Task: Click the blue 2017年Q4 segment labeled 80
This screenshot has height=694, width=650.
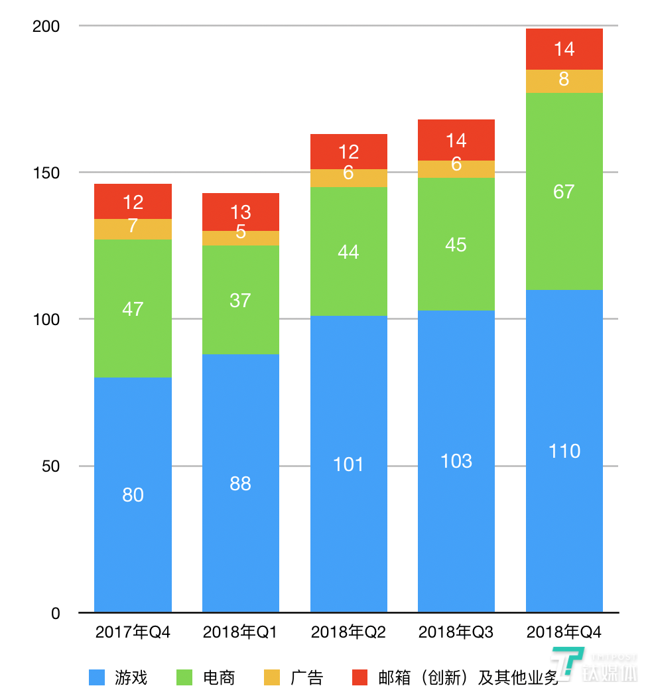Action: [133, 495]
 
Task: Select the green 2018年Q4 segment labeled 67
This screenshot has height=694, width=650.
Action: [564, 191]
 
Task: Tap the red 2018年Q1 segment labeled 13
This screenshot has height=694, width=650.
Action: [240, 212]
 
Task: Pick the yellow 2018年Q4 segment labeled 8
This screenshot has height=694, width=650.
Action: [564, 80]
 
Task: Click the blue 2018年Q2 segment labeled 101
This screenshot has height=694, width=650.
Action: [348, 464]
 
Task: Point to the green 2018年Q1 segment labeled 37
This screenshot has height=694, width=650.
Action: [240, 300]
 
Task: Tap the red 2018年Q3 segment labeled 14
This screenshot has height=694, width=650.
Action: [456, 140]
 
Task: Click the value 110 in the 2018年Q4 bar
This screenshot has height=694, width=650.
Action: [564, 451]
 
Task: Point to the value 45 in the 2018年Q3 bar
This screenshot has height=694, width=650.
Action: [456, 244]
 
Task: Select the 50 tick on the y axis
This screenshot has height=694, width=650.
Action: [50, 466]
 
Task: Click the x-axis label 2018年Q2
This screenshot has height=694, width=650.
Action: [348, 632]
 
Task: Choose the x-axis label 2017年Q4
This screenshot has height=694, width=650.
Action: [133, 632]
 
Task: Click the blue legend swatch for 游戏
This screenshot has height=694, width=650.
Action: [97, 677]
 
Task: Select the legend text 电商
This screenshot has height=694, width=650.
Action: [219, 677]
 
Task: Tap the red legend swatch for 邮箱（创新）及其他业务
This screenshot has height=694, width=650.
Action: [360, 677]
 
